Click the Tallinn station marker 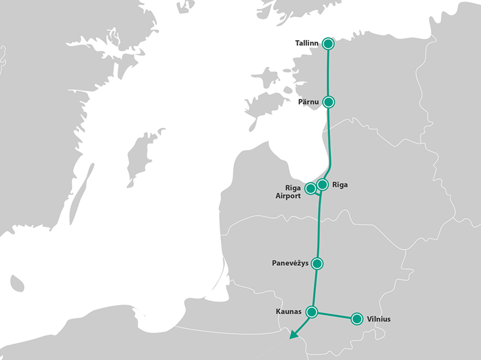[x=328, y=43]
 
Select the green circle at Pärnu [x=329, y=102]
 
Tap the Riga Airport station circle [x=311, y=188]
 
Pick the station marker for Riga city [x=322, y=184]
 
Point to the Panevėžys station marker [x=318, y=263]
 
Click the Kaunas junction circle [x=312, y=311]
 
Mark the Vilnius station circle [x=356, y=319]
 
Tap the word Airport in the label [x=288, y=196]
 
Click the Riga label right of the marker [x=340, y=184]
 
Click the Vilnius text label [x=379, y=319]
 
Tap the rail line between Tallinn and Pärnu [x=328, y=73]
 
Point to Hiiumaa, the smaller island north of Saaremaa [x=266, y=79]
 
